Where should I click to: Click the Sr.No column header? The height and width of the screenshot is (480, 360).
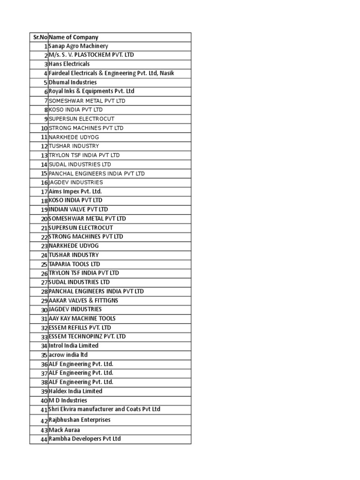click(39, 37)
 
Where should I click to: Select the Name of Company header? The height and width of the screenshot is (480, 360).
click(74, 37)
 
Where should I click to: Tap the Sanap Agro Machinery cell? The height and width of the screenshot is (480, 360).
click(78, 46)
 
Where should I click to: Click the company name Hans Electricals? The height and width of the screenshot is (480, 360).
click(69, 64)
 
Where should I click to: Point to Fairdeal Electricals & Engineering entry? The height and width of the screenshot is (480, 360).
click(112, 73)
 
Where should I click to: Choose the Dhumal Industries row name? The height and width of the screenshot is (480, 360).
click(73, 82)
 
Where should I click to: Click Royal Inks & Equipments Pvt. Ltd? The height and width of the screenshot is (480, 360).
click(91, 91)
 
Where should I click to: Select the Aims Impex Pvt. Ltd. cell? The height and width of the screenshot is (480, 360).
click(75, 191)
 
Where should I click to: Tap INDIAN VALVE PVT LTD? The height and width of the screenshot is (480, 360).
click(78, 210)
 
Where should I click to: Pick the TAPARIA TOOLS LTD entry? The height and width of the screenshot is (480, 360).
click(75, 264)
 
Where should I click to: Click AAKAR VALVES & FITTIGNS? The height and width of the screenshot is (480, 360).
click(83, 300)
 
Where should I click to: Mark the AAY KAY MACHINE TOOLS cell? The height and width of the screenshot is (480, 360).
click(82, 318)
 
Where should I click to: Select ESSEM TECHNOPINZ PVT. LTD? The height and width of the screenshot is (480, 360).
click(87, 337)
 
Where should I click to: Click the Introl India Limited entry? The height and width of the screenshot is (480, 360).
click(74, 345)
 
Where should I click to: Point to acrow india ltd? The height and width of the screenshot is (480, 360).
click(68, 355)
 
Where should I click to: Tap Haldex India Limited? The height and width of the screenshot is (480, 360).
click(75, 391)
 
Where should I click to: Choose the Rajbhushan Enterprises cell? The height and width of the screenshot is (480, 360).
click(80, 420)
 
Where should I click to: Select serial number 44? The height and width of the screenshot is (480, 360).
click(44, 439)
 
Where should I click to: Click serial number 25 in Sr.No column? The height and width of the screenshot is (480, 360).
click(44, 264)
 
